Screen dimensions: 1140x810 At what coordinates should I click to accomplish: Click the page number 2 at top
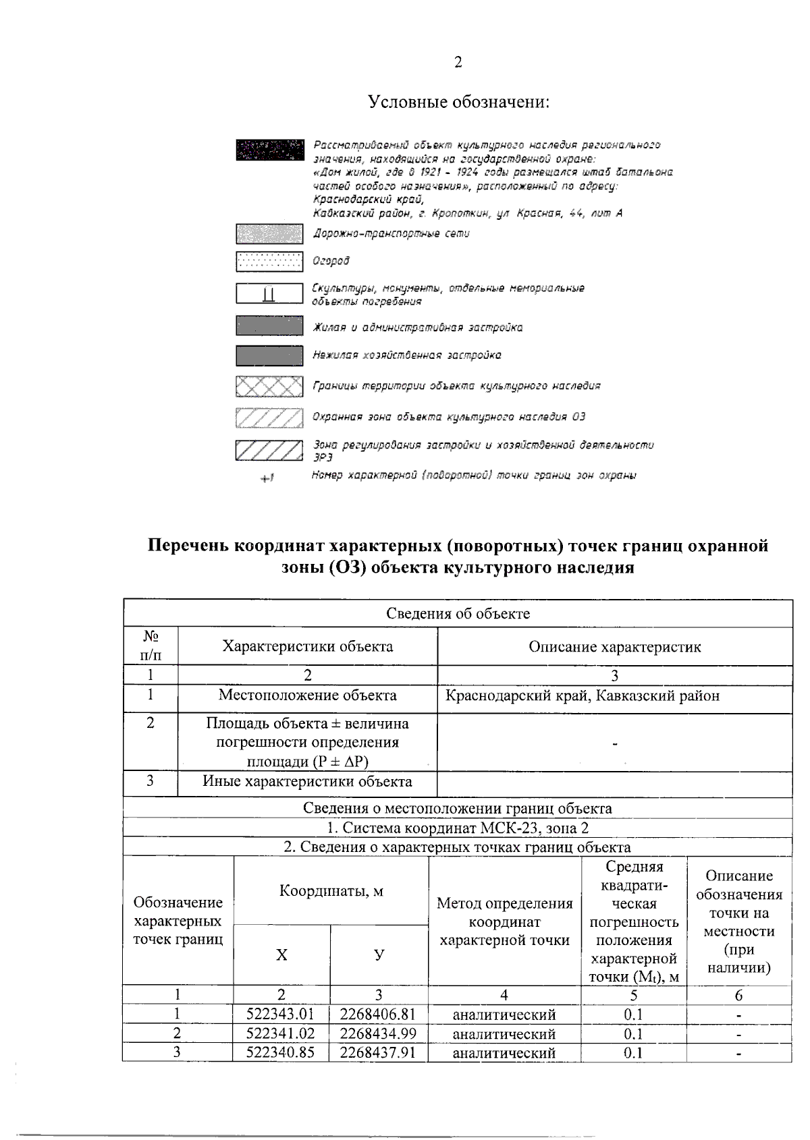[x=458, y=63]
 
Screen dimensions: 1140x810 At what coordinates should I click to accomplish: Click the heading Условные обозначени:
[x=458, y=103]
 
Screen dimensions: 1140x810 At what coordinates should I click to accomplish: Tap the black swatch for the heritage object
[x=269, y=150]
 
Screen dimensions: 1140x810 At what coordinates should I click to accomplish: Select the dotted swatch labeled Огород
[x=269, y=261]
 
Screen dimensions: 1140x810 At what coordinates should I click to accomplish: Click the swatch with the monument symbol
[x=269, y=294]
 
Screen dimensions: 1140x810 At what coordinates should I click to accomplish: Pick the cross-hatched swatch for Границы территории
[x=269, y=387]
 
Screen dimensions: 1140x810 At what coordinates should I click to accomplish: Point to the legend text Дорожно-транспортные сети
[x=391, y=233]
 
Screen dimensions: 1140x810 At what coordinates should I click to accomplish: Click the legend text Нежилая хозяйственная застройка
[x=406, y=355]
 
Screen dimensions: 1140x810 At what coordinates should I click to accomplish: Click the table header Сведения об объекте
[x=458, y=613]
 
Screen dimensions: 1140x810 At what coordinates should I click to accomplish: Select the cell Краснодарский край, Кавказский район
[x=582, y=695]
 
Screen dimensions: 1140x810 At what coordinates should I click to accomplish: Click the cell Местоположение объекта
[x=307, y=695]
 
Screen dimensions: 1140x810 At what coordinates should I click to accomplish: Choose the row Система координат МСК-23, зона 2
[x=458, y=828]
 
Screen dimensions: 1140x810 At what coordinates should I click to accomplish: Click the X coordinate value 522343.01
[x=281, y=1014]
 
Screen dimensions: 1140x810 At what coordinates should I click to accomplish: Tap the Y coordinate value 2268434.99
[x=378, y=1033]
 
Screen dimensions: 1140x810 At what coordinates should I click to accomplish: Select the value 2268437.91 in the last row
[x=378, y=1052]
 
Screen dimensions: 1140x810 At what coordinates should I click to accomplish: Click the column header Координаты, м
[x=331, y=890]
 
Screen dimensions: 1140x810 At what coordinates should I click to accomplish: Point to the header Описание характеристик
[x=614, y=647]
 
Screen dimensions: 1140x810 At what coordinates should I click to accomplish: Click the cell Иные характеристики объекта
[x=307, y=782]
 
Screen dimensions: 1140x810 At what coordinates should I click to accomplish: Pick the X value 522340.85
[x=281, y=1052]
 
